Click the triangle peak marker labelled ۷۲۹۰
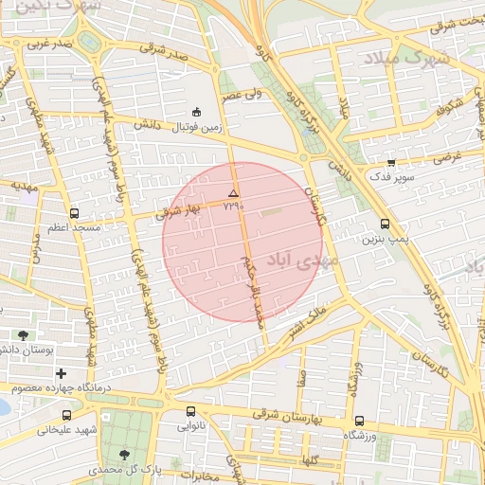click(x=233, y=193)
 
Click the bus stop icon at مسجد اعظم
click(x=75, y=213)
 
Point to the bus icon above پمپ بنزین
click(x=385, y=225)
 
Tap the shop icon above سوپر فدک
click(x=391, y=162)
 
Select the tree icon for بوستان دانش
click(x=23, y=335)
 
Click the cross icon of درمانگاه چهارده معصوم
click(x=63, y=374)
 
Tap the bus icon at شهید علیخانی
click(x=65, y=415)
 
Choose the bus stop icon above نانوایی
click(x=190, y=412)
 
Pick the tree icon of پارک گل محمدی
click(x=124, y=456)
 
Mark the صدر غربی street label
click(x=49, y=44)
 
